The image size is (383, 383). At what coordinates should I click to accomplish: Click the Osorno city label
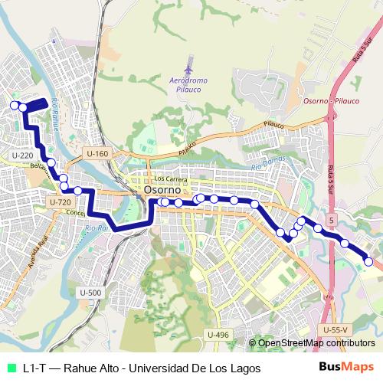pyautogui.click(x=162, y=189)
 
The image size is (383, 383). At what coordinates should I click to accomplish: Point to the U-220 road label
pyautogui.click(x=22, y=155)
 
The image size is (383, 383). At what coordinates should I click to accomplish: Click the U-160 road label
pyautogui.click(x=97, y=154)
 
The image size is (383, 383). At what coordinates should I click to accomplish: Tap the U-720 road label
pyautogui.click(x=59, y=202)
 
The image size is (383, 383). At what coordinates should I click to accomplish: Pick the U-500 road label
pyautogui.click(x=90, y=292)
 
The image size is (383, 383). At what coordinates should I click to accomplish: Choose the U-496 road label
pyautogui.click(x=218, y=335)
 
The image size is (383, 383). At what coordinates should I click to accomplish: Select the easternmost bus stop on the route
pyautogui.click(x=368, y=262)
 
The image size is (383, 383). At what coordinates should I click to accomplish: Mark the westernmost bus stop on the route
pyautogui.click(x=14, y=106)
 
